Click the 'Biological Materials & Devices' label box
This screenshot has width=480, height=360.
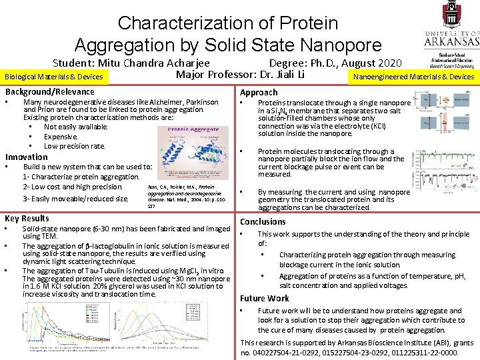pyautogui.click(x=54, y=77)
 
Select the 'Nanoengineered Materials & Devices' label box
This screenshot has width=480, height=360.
pyautogui.click(x=413, y=77)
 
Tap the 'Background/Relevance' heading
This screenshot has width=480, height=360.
pyautogui.click(x=50, y=91)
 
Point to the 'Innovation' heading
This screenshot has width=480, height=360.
pyautogui.click(x=27, y=157)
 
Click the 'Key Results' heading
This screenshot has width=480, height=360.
pyautogui.click(x=27, y=218)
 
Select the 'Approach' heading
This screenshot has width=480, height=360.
pyautogui.click(x=259, y=92)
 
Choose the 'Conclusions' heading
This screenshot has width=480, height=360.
pyautogui.click(x=263, y=221)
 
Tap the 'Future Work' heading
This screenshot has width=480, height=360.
pyautogui.click(x=265, y=298)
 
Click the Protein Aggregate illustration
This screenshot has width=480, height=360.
pyautogui.click(x=193, y=150)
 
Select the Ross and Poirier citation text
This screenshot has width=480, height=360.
pyautogui.click(x=189, y=197)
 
